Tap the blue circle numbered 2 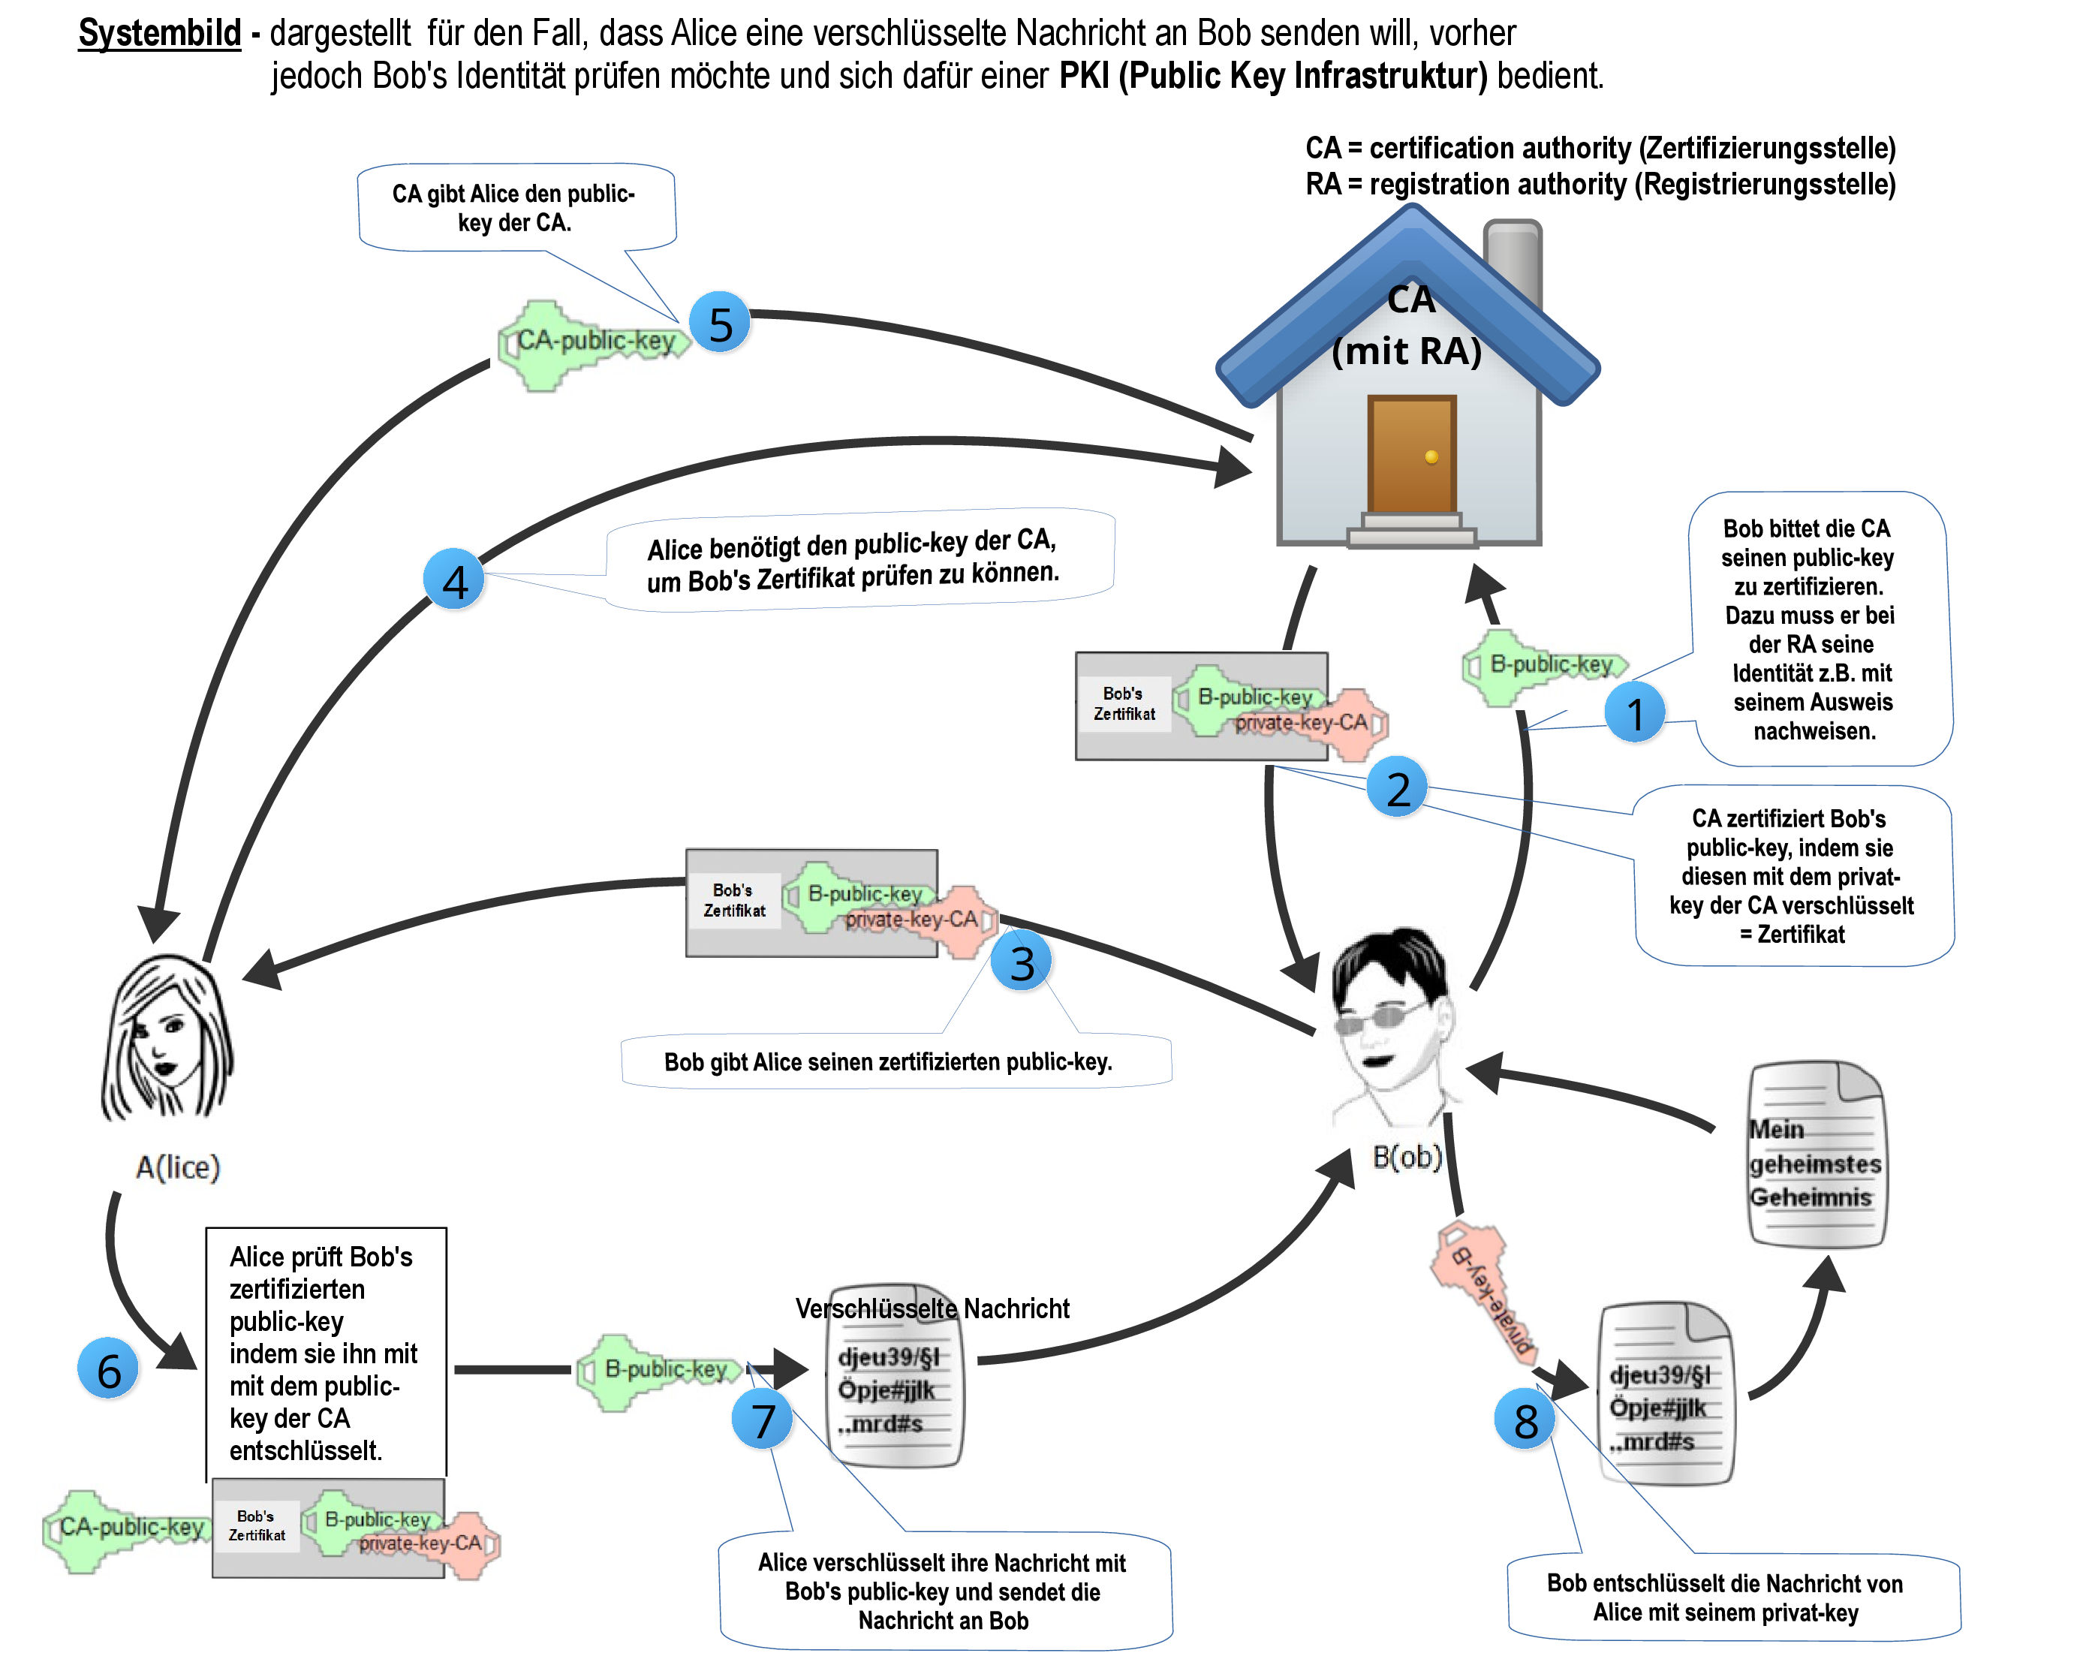1396,787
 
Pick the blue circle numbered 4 454,580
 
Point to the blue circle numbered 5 720,323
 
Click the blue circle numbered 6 108,1369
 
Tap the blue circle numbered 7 763,1420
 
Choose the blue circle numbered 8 1525,1420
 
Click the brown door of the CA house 1411,454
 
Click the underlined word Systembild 159,33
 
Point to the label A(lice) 178,1167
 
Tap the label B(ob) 1407,1156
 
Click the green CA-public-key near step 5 589,343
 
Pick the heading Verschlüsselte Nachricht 932,1308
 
